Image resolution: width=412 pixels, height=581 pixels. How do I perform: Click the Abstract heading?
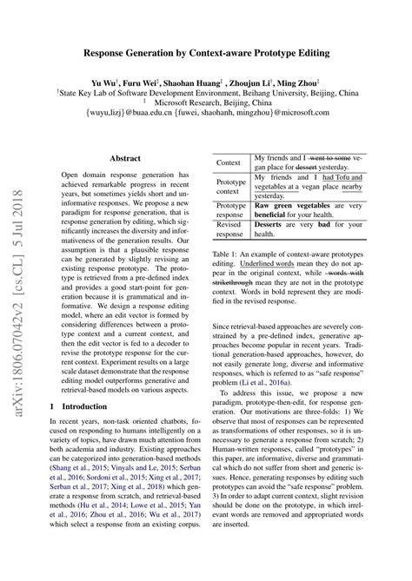pos(126,158)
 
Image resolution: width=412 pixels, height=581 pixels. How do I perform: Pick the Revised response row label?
pos(229,228)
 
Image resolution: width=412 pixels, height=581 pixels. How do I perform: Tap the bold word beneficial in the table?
pos(275,210)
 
